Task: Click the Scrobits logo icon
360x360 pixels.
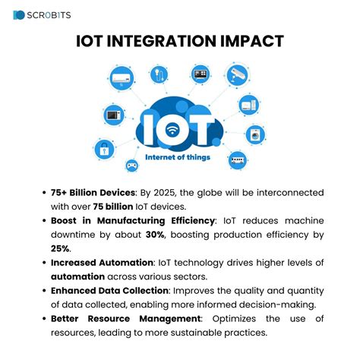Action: [x=20, y=15]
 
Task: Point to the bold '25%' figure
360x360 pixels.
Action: [x=62, y=248]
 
